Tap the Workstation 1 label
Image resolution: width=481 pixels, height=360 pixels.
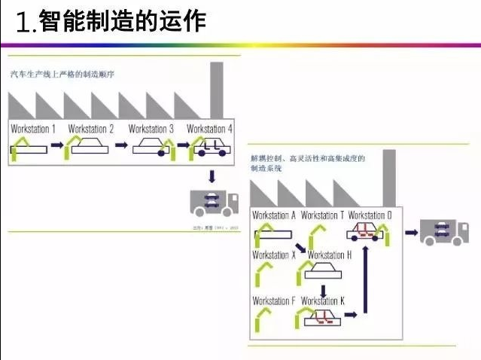click(x=33, y=129)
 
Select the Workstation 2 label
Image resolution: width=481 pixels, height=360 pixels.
click(x=91, y=129)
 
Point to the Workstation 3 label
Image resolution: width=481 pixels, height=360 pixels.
click(x=151, y=129)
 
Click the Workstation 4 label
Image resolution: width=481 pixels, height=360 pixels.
click(x=209, y=129)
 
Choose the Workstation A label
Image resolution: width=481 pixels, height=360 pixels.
click(x=274, y=215)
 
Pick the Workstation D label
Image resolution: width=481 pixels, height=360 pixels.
click(x=370, y=215)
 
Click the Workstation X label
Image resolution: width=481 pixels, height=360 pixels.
click(x=274, y=255)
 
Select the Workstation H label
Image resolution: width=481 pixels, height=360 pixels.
click(x=330, y=255)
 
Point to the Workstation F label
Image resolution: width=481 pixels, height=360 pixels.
click(x=274, y=301)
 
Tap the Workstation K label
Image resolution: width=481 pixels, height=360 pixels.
click(x=323, y=301)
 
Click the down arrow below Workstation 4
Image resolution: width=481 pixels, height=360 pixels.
click(x=212, y=175)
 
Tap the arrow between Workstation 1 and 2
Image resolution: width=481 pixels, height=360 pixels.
click(x=58, y=149)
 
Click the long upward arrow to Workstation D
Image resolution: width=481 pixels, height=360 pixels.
click(x=366, y=279)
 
